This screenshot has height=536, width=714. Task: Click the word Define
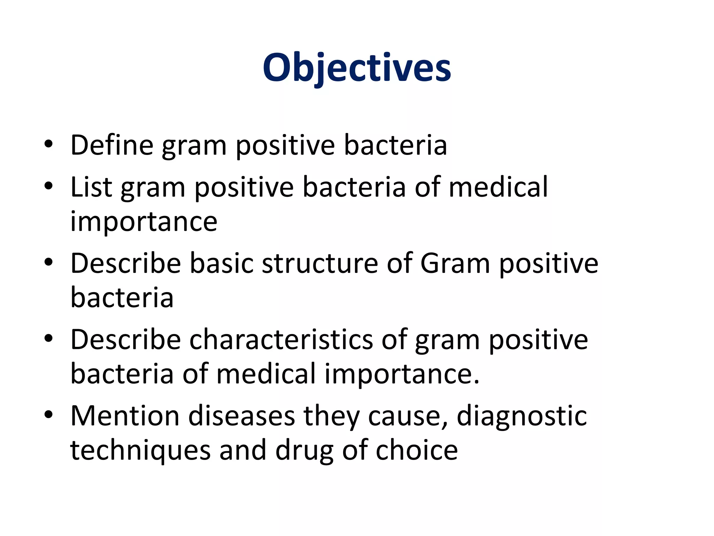pos(112,145)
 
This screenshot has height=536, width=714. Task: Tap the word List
pos(91,187)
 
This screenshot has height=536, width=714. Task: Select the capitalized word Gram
pos(455,263)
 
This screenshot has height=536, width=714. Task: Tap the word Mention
pos(125,416)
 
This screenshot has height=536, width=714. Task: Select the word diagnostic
pos(522,416)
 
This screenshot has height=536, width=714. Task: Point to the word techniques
pos(140,451)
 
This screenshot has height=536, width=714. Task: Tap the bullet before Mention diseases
pos(48,415)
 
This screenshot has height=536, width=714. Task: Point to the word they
pos(331,416)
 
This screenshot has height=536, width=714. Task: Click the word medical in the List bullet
pos(498,187)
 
